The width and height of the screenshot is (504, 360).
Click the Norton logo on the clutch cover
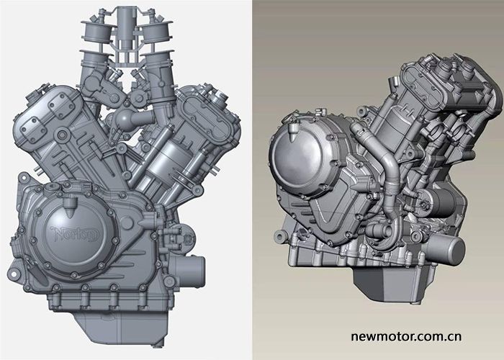[75, 233]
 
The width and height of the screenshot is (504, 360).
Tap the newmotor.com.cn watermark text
[406, 336]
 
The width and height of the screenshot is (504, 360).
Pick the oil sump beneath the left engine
[122, 328]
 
